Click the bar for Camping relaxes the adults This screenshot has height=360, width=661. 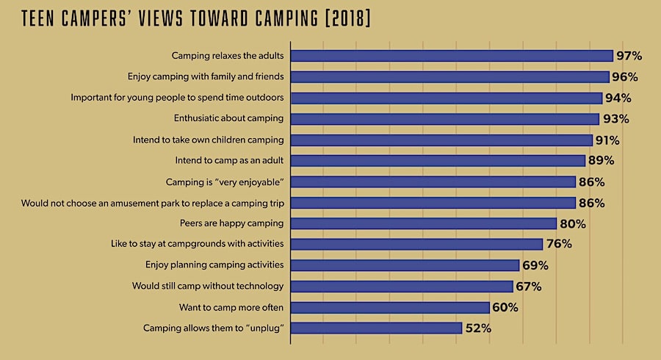click(452, 56)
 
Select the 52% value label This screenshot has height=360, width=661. click(477, 328)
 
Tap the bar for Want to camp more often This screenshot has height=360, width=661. click(390, 307)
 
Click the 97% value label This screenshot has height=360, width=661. click(629, 56)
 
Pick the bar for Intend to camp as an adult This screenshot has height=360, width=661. click(438, 160)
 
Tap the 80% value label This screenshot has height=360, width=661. click(572, 223)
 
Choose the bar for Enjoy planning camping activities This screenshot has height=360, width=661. click(405, 265)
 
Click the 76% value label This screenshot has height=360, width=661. click(558, 245)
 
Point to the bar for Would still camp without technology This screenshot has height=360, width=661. click(402, 287)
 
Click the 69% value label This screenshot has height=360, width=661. click(535, 265)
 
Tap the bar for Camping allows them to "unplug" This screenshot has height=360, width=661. click(376, 328)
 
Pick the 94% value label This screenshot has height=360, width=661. click(618, 98)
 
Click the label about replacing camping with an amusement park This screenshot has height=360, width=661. click(153, 203)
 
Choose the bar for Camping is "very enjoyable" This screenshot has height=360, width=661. click(433, 181)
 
